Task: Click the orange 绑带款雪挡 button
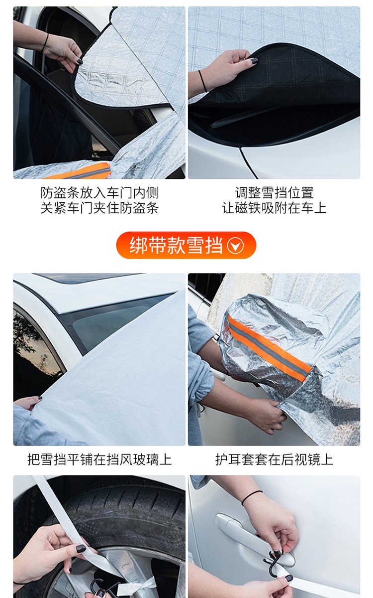[186, 245]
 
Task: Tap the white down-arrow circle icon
[235, 245]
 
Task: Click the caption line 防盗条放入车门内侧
[99, 193]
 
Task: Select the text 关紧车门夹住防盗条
[99, 208]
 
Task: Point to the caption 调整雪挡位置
[274, 193]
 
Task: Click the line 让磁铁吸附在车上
[274, 208]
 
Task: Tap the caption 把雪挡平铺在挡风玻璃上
[99, 459]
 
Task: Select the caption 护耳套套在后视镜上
[274, 459]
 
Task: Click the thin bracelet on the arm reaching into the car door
[45, 43]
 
